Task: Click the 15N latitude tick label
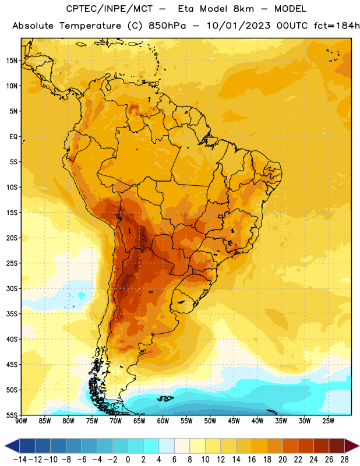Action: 12,61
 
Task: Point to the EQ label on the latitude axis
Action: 13,137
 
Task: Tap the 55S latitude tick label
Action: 12,415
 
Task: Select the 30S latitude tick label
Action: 12,288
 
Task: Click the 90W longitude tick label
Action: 21,421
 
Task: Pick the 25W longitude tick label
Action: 328,421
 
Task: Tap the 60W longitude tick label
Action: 163,421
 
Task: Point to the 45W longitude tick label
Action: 234,421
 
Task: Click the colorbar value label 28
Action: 344,460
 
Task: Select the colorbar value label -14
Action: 20,460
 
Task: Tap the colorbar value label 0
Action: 128,460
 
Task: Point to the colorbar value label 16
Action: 252,460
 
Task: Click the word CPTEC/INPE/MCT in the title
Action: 110,9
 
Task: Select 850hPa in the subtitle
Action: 167,26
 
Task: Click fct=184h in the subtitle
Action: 337,26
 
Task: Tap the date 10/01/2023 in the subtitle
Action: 238,26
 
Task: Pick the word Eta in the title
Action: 186,9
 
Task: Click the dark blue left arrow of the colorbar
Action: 12,446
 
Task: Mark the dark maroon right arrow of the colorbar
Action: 352,446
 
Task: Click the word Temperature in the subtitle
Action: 90,26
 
